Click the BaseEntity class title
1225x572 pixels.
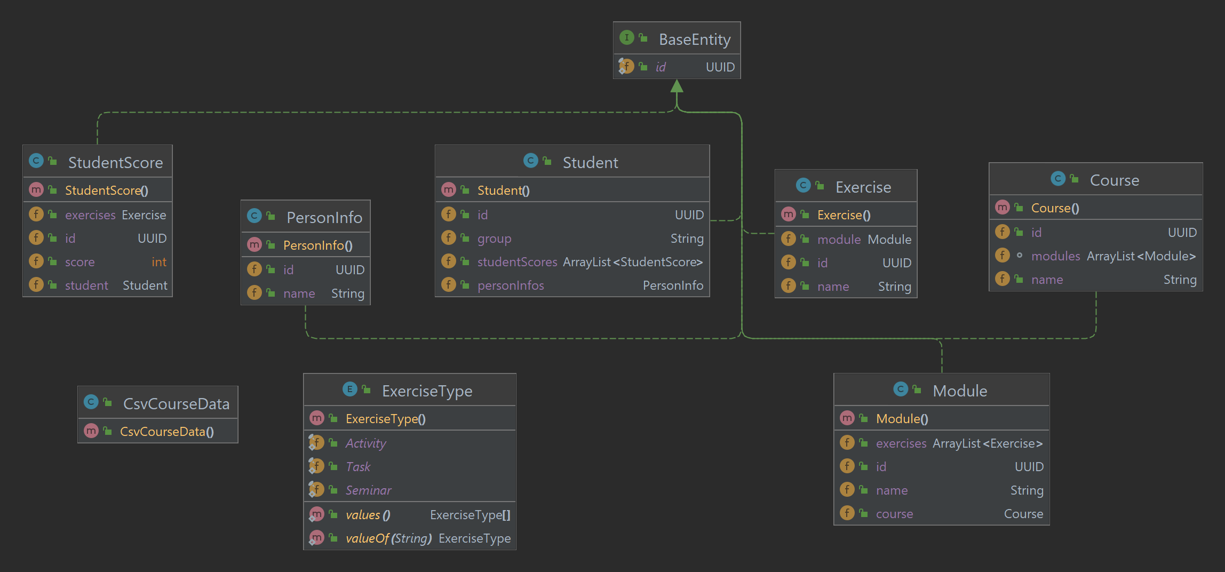pos(694,39)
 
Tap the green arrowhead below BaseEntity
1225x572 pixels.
pos(677,86)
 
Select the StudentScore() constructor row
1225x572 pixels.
pos(106,190)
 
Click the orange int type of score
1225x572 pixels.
pos(158,262)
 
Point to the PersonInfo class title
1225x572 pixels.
pos(324,218)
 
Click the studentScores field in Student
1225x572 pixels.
pos(516,262)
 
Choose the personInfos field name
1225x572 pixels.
pos(510,285)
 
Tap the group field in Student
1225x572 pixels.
pos(494,239)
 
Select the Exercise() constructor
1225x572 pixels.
pos(844,215)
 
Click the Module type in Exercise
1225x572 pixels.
pos(889,240)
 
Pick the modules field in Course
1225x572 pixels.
pos(1055,256)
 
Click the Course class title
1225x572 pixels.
pos(1114,180)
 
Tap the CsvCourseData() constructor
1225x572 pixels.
pos(166,432)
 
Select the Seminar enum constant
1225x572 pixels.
pos(368,490)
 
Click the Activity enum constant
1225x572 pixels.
pos(365,443)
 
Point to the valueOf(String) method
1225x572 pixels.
pos(388,538)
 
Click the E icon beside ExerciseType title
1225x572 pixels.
pos(349,390)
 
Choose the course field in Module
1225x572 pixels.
pos(894,514)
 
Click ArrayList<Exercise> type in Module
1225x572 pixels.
pos(987,443)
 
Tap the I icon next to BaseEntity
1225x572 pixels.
pos(626,38)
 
